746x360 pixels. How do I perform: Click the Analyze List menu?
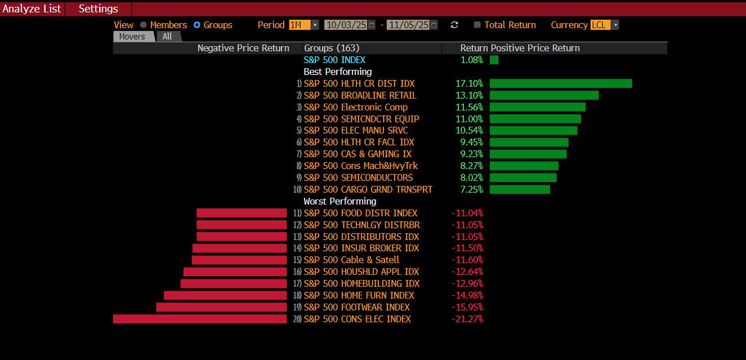coord(32,9)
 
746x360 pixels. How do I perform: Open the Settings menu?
coord(98,9)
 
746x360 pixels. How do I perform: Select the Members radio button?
coord(144,25)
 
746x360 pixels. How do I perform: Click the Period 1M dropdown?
coord(303,25)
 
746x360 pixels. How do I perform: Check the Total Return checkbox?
coord(477,25)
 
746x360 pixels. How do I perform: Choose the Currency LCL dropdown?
coord(604,25)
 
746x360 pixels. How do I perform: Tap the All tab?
coord(168,37)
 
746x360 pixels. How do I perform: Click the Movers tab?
coord(132,37)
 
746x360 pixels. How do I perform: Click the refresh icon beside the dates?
coord(454,25)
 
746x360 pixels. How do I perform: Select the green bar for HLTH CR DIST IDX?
coord(561,83)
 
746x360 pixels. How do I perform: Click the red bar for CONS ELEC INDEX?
coord(200,319)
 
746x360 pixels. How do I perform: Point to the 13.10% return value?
coord(469,95)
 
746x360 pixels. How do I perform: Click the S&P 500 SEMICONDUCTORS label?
coord(358,177)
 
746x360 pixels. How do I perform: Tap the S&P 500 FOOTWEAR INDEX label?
coord(356,307)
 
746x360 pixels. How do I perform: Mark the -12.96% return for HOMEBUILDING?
coord(467,283)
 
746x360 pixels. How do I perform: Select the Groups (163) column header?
coord(332,48)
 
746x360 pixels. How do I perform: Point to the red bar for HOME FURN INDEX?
coord(225,295)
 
